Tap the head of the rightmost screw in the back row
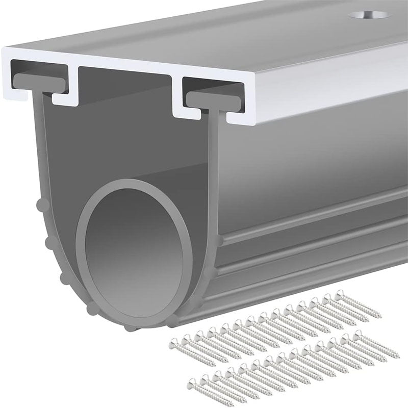pyautogui.click(x=339, y=294)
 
